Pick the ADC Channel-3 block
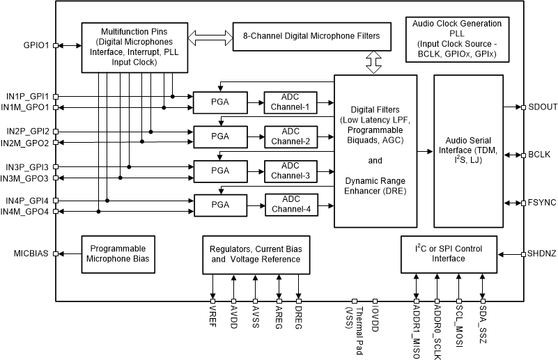[x=290, y=171]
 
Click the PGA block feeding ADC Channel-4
[x=219, y=205]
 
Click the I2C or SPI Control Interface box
[x=458, y=254]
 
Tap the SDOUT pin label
[x=542, y=107]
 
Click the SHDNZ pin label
[x=542, y=254]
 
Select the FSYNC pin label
[x=542, y=203]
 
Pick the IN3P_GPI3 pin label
[x=28, y=167]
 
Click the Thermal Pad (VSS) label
[x=353, y=329]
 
